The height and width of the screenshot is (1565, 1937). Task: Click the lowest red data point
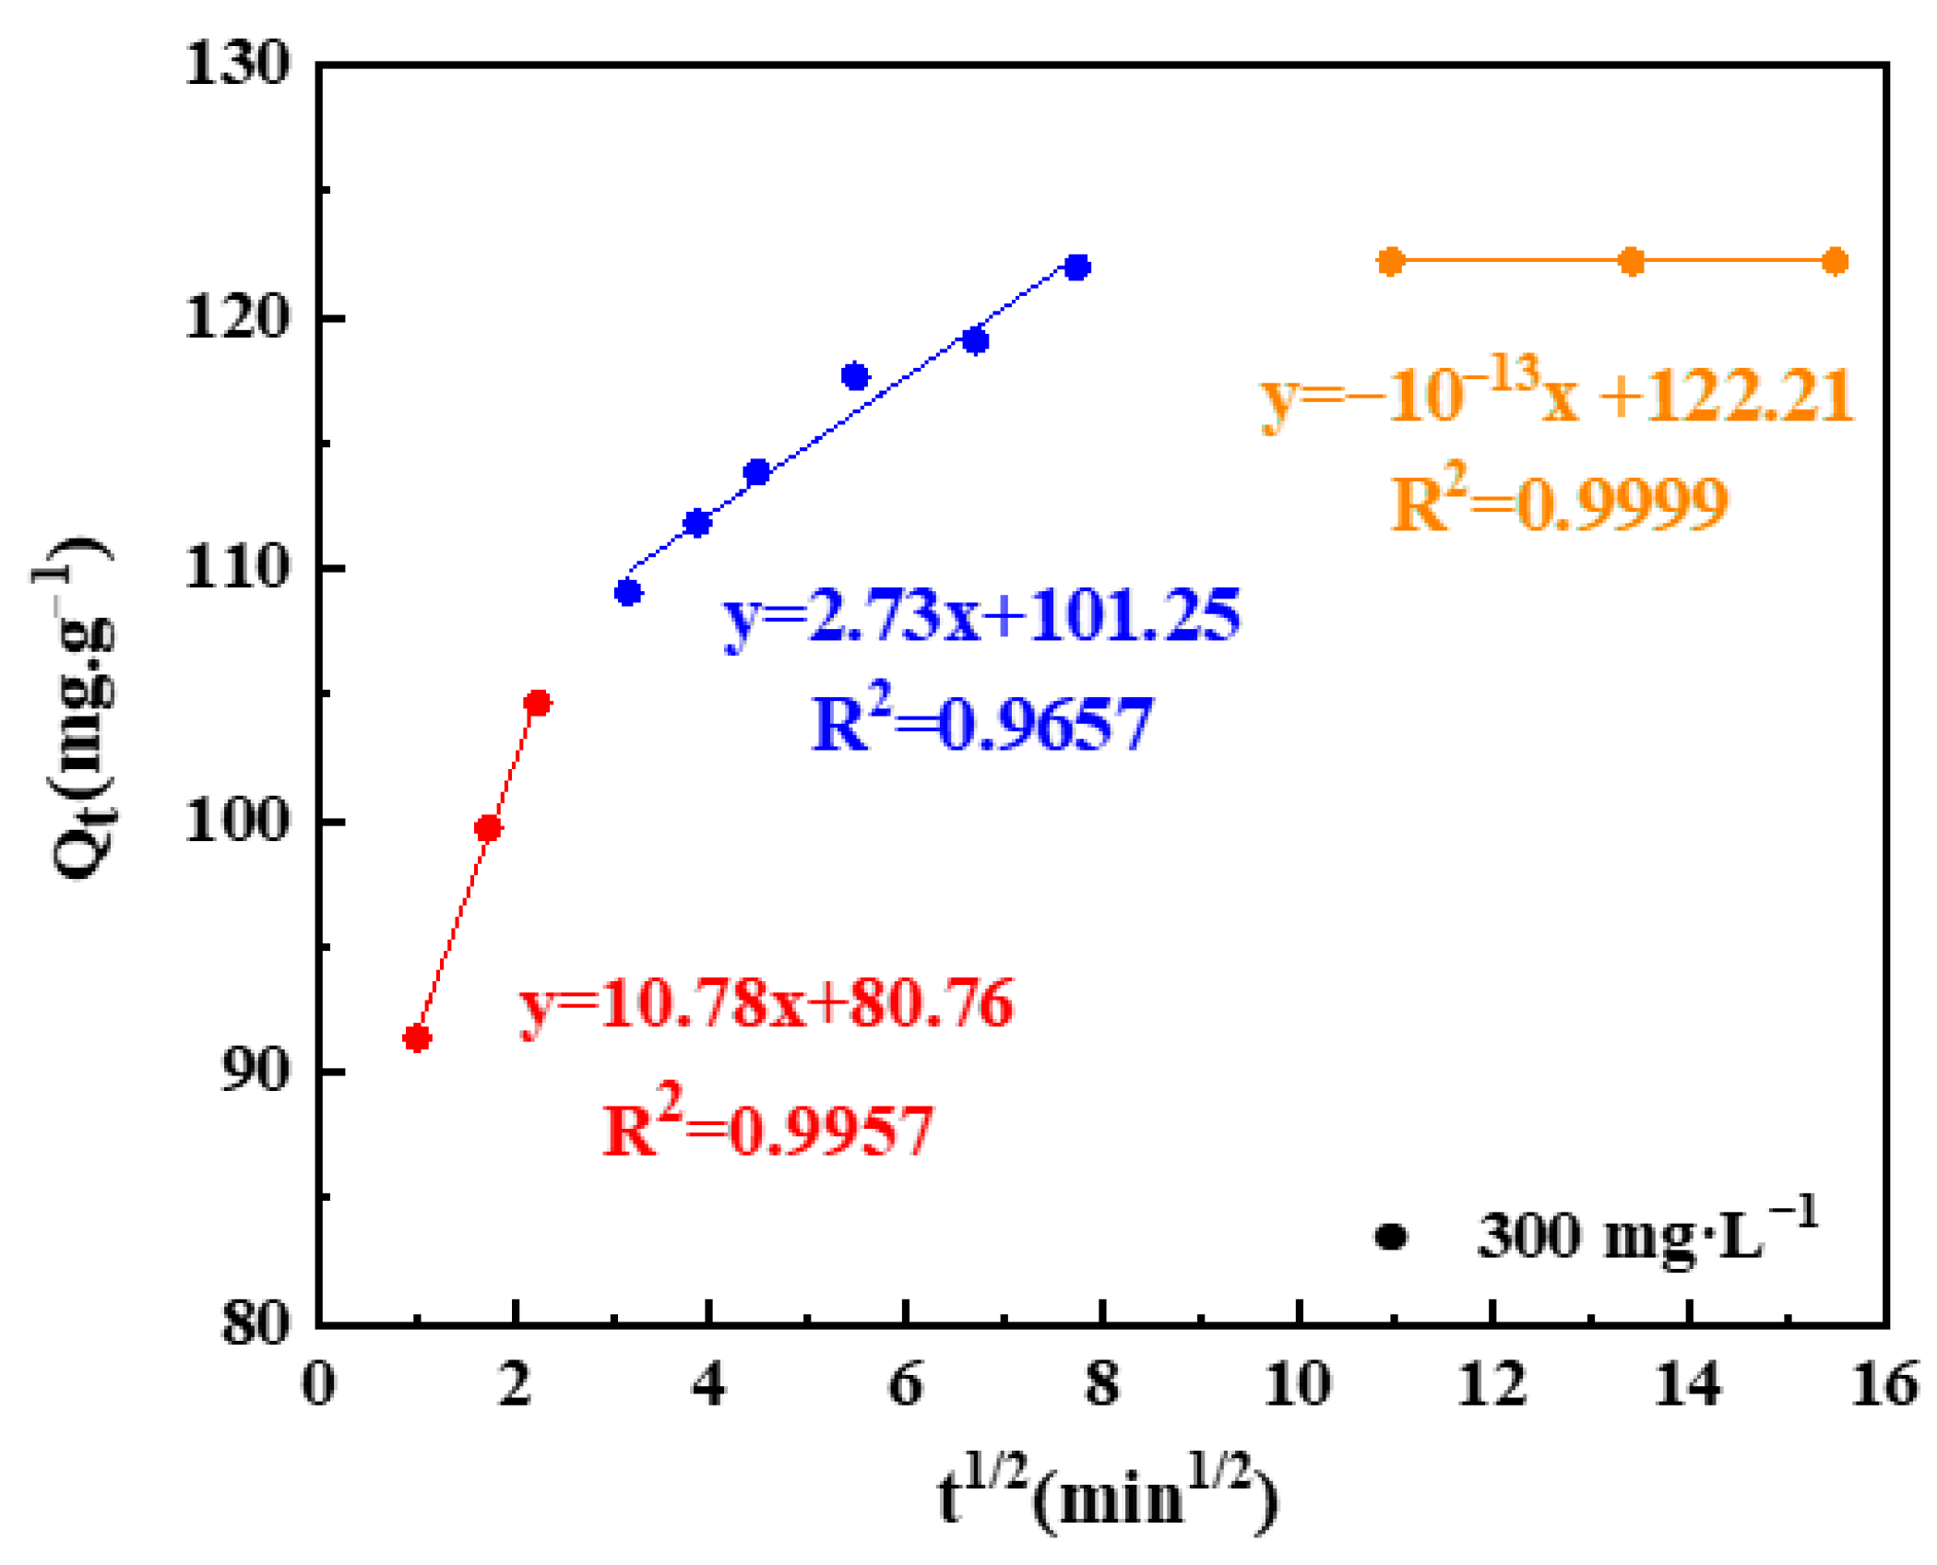[x=417, y=1038]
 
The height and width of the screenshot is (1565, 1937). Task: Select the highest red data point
[x=537, y=704]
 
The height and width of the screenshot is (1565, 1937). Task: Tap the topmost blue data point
[x=1076, y=267]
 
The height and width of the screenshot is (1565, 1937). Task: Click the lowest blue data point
[x=628, y=592]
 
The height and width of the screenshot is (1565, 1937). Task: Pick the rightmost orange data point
[x=1835, y=262]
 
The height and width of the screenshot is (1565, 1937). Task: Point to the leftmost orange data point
[x=1391, y=262]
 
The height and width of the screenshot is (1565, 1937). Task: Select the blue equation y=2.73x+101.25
[x=982, y=616]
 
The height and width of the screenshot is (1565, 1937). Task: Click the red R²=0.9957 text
[x=767, y=1129]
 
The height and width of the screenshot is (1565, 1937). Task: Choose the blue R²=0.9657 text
[x=981, y=723]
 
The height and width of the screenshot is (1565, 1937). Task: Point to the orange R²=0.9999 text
[x=1559, y=503]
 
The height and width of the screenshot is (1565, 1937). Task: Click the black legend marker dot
[x=1391, y=1237]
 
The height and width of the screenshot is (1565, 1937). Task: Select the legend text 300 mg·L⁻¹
[x=1647, y=1233]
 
